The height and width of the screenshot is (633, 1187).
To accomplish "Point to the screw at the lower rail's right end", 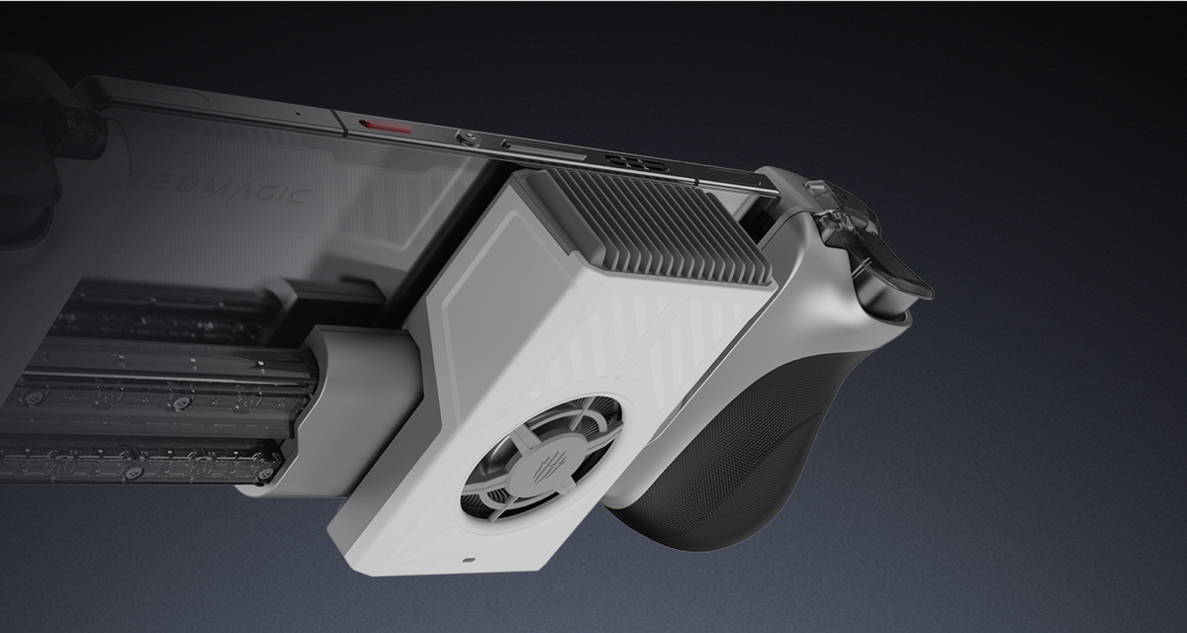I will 263,474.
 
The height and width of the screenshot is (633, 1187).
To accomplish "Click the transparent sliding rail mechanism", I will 148,396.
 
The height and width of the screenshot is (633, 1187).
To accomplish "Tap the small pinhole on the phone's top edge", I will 295,114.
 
